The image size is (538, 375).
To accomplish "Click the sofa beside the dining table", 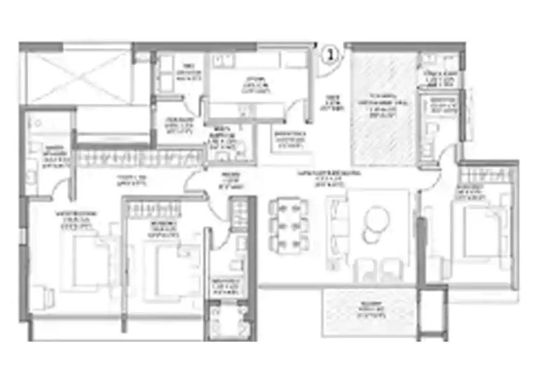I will [x=337, y=228].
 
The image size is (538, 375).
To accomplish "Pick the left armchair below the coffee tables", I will [x=367, y=269].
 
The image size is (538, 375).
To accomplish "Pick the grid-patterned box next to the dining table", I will [x=237, y=212].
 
